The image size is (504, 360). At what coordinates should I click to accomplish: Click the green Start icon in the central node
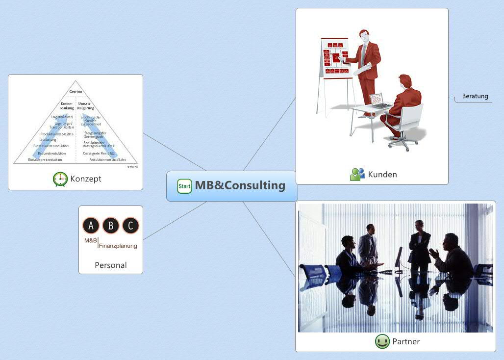(x=184, y=186)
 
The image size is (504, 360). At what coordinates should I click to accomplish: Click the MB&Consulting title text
(x=240, y=185)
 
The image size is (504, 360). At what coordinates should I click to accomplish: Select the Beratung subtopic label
(x=475, y=96)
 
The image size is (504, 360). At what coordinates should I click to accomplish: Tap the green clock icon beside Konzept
(x=60, y=179)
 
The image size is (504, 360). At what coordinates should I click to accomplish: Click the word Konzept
(x=86, y=179)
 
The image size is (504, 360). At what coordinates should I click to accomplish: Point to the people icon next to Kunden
(x=357, y=174)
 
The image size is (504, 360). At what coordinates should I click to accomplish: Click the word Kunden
(x=382, y=174)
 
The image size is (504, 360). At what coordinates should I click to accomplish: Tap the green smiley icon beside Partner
(x=382, y=341)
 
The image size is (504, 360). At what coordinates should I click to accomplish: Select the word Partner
(x=406, y=341)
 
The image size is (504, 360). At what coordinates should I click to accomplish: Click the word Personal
(x=111, y=265)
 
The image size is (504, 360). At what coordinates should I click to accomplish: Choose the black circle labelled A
(x=92, y=226)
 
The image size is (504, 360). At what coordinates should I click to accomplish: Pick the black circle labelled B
(x=111, y=226)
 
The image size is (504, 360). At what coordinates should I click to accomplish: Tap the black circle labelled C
(x=130, y=226)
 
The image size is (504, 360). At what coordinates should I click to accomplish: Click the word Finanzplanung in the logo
(x=118, y=246)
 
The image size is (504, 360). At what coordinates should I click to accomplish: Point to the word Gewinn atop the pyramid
(x=76, y=92)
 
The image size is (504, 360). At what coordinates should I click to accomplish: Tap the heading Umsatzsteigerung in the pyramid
(x=85, y=105)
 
